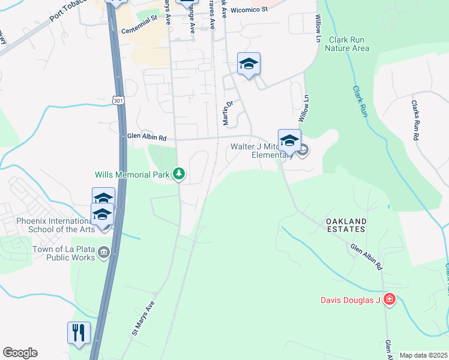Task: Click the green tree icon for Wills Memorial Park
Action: (178, 174)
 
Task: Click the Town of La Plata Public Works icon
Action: (104, 253)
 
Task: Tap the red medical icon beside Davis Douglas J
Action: (389, 299)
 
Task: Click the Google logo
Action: (20, 353)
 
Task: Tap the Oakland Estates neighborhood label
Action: (346, 225)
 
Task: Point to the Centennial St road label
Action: (139, 30)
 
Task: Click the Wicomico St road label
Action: (249, 10)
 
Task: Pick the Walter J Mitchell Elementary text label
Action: (262, 150)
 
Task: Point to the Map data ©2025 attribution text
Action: (423, 355)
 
